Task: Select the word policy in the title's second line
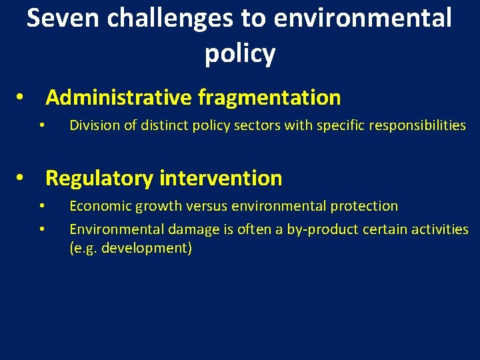[239, 54]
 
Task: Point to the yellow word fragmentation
[269, 98]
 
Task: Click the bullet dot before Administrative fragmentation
[21, 99]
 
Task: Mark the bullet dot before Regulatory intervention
[21, 179]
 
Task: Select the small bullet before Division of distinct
[41, 125]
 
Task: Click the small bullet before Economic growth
[41, 207]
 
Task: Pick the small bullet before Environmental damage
[41, 229]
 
